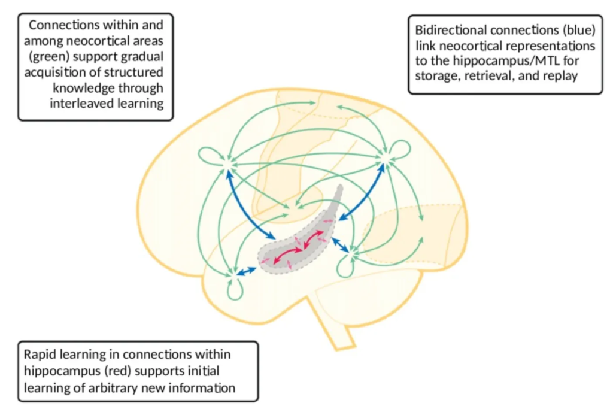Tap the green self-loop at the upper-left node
tap(208, 156)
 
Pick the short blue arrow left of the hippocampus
tap(247, 271)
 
